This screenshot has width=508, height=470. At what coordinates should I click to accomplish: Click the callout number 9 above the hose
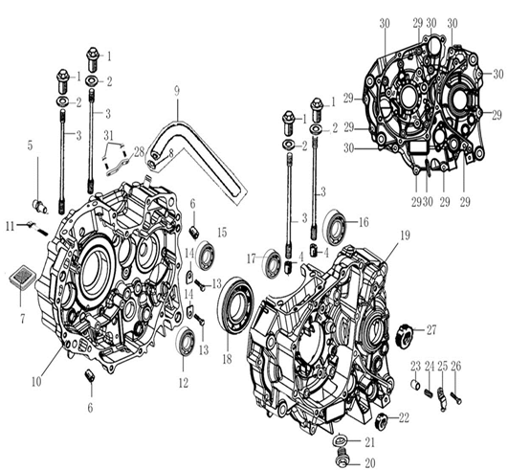pyautogui.click(x=177, y=91)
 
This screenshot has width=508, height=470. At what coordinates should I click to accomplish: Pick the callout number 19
pyautogui.click(x=405, y=235)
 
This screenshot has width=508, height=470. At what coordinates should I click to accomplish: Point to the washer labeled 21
pyautogui.click(x=341, y=441)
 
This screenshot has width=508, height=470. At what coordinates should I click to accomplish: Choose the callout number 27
pyautogui.click(x=431, y=330)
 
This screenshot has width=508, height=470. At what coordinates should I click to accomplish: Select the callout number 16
pyautogui.click(x=364, y=222)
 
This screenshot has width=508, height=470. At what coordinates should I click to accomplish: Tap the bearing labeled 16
pyautogui.click(x=336, y=224)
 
